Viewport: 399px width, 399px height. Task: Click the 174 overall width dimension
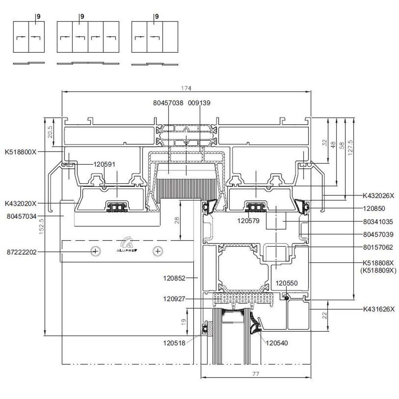point(186,88)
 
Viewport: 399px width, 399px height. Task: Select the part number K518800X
point(21,152)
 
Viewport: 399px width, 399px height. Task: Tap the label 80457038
point(168,103)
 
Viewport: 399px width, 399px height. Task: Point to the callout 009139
point(199,103)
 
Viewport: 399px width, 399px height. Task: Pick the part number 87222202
point(22,252)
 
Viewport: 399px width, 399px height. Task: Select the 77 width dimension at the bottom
point(255,374)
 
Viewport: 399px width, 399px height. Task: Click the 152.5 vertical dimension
point(41,225)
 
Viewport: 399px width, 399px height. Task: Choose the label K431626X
point(379,309)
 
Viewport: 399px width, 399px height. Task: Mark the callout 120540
point(277,343)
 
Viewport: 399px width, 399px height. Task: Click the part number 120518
point(174,343)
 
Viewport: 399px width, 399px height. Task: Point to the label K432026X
point(378,196)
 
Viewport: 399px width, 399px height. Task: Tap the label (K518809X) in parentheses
point(378,270)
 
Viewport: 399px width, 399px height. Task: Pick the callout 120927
point(174,299)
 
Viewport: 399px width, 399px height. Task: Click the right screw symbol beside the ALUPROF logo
point(158,251)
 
